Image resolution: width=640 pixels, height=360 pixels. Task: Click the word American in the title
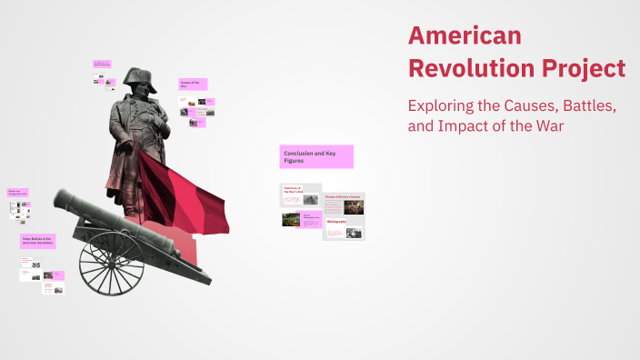point(465,35)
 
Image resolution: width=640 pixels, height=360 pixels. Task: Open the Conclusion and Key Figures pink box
point(316,156)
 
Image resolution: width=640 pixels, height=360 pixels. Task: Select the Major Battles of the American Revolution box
point(38,241)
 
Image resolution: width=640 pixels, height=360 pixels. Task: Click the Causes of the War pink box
point(193,84)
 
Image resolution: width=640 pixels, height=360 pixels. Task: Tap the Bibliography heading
point(335,221)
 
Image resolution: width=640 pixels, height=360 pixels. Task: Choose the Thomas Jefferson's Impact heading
point(344,195)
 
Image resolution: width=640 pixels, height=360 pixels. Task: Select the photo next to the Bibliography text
point(354,233)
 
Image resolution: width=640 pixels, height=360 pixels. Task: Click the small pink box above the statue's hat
point(102,65)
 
